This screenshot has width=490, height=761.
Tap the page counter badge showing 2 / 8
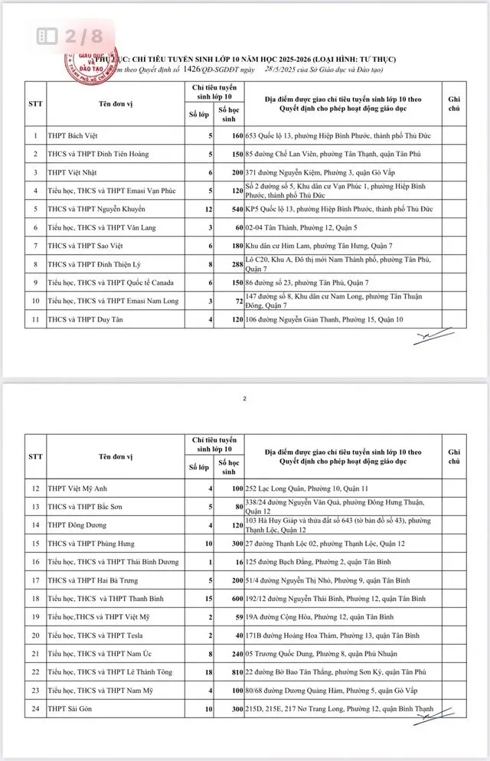[x=70, y=35]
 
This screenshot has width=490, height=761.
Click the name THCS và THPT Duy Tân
[x=83, y=318]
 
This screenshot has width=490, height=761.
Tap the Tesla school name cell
[x=100, y=635]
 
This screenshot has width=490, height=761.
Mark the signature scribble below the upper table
[x=434, y=337]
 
